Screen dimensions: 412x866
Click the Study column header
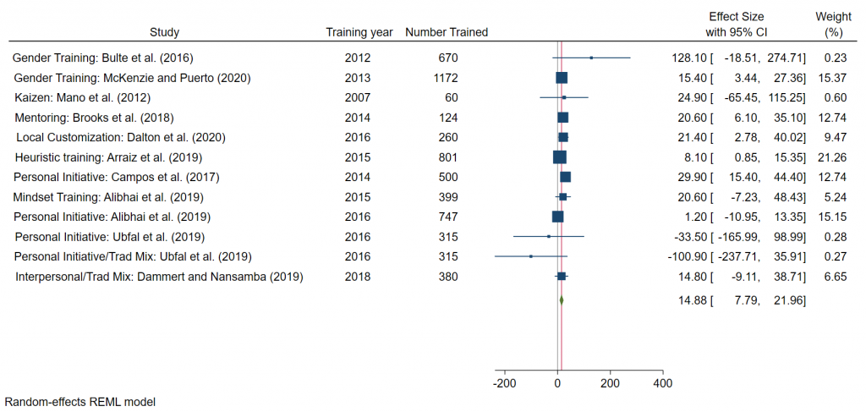pyautogui.click(x=164, y=32)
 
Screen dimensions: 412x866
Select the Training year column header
pyautogui.click(x=359, y=32)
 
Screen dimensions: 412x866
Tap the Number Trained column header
pyautogui.click(x=447, y=32)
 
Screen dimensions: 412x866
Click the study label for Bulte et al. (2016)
pyautogui.click(x=103, y=58)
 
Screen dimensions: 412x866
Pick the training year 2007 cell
pyautogui.click(x=358, y=97)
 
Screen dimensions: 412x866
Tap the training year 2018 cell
pyautogui.click(x=358, y=276)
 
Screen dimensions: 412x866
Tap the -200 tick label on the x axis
pyautogui.click(x=504, y=383)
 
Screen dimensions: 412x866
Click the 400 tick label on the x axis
pyautogui.click(x=663, y=383)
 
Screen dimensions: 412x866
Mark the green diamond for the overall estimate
pyautogui.click(x=561, y=299)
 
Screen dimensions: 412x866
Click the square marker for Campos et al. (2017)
pyautogui.click(x=565, y=177)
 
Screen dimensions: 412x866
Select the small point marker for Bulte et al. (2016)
pyautogui.click(x=591, y=58)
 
